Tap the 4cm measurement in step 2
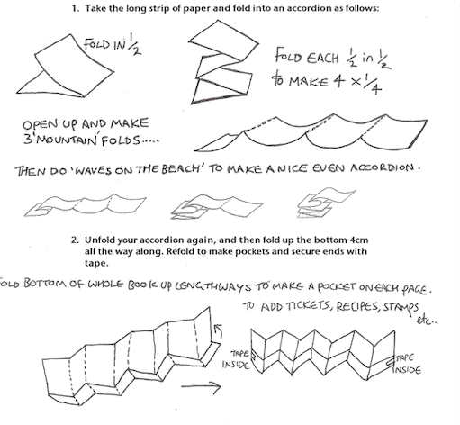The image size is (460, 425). point(359,240)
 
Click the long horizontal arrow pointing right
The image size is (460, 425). point(201,386)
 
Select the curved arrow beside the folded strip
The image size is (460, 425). point(218,331)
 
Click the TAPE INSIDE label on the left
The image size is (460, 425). point(236,359)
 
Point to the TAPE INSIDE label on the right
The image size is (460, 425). point(408,364)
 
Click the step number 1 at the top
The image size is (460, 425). point(75,8)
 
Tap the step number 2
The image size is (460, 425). point(75,240)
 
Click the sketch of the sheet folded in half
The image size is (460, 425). point(66,66)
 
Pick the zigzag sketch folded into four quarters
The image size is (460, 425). point(223,62)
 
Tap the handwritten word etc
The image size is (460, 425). point(426,321)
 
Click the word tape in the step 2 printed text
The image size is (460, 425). point(95,264)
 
